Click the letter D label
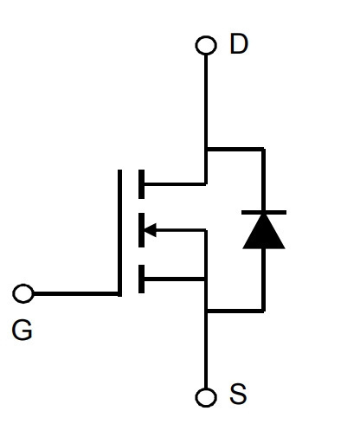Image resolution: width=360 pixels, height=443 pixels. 239,44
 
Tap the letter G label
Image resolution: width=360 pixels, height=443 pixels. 22,331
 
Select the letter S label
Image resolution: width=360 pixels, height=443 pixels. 238,394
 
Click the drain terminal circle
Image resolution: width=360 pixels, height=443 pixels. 206,45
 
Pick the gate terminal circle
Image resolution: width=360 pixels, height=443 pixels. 23,293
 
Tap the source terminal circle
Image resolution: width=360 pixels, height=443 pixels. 206,397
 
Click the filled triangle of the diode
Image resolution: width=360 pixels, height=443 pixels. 264,231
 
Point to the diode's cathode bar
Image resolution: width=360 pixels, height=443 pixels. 264,213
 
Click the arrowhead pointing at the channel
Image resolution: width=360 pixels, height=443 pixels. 150,230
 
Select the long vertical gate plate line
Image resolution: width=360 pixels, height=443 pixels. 119,233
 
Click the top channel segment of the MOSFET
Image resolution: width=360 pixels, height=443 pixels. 141,184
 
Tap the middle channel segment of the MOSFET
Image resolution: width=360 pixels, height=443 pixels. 141,230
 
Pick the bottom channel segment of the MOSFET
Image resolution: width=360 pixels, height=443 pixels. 141,279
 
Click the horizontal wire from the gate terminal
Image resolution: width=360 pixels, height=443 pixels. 76,294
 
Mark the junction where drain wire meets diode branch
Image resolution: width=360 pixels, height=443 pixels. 206,149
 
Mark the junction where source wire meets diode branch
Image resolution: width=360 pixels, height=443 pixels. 206,311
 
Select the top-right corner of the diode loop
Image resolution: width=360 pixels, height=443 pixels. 264,149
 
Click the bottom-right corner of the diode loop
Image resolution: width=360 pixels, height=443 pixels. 264,311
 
